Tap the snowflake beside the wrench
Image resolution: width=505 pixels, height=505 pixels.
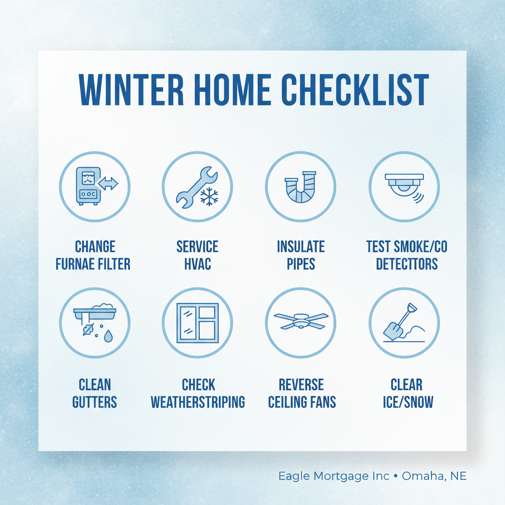(209, 196)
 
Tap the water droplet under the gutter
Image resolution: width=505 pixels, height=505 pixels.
(108, 337)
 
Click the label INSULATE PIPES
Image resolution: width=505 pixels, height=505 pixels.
(301, 255)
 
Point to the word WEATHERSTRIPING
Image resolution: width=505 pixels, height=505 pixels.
(198, 401)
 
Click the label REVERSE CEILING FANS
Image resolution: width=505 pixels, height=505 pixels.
(302, 393)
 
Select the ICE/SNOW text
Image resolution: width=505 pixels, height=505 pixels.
(407, 401)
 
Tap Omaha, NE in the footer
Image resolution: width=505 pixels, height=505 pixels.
(434, 476)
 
